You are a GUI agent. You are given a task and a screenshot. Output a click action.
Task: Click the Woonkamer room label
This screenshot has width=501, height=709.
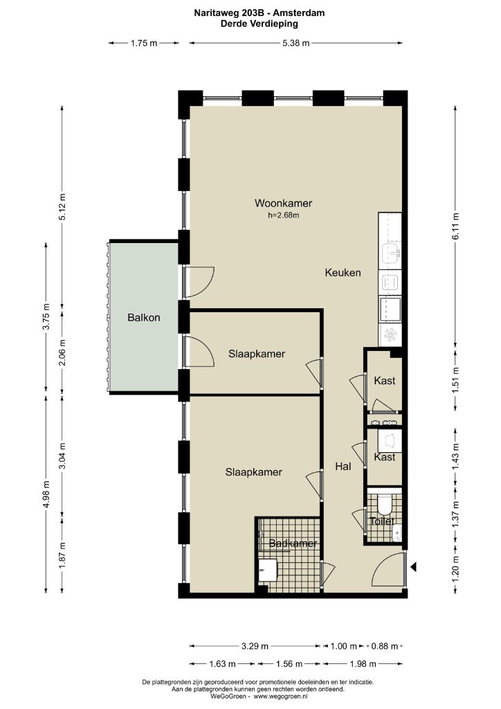(x=283, y=204)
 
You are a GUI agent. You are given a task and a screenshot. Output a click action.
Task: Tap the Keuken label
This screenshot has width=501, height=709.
(x=343, y=273)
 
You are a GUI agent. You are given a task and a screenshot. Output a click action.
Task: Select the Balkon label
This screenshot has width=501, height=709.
(x=144, y=317)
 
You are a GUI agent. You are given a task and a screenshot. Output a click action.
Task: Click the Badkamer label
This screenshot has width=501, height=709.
(x=293, y=543)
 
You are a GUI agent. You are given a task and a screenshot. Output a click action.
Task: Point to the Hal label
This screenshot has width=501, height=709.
(x=343, y=466)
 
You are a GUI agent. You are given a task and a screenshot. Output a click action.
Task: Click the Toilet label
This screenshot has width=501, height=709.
(x=382, y=521)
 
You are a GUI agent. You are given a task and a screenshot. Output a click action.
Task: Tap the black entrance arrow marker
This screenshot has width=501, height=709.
(x=413, y=566)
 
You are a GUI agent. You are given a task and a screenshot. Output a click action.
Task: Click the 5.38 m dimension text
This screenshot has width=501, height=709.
(x=296, y=43)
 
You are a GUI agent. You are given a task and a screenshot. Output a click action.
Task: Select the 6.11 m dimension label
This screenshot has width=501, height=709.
(x=455, y=226)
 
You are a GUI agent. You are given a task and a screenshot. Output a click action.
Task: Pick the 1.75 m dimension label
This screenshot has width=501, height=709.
(x=144, y=43)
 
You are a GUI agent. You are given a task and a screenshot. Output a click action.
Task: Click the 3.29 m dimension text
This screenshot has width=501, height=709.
(x=255, y=646)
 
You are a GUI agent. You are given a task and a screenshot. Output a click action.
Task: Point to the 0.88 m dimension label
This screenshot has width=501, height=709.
(x=385, y=646)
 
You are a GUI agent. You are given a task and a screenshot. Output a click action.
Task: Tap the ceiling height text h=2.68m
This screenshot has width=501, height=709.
(x=283, y=215)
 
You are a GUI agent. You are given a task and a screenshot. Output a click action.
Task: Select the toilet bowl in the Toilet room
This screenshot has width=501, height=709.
(x=384, y=505)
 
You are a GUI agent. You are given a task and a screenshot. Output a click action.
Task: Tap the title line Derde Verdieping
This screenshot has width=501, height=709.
(x=259, y=24)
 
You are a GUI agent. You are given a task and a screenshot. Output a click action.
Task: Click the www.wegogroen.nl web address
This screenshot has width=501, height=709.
(x=280, y=697)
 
